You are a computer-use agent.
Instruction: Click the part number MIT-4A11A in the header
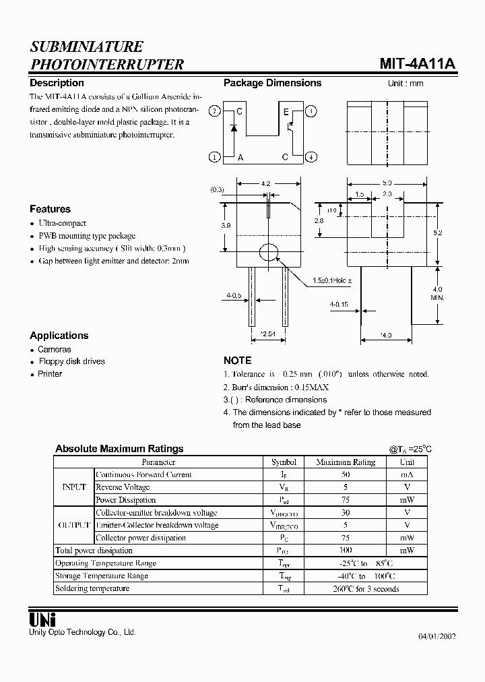point(417,63)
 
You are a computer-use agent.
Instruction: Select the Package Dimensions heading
point(272,83)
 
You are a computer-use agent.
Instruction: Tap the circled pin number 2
point(214,111)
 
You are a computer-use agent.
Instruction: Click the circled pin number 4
point(311,157)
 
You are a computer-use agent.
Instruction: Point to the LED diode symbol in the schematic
point(233,127)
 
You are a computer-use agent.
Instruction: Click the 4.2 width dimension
point(265,183)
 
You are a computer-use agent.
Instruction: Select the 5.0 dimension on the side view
point(387,183)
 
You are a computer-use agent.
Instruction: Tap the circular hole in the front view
point(269,252)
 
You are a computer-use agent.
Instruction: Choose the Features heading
point(50,209)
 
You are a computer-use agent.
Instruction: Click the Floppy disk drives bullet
point(71,361)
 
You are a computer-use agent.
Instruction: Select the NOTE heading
point(237,361)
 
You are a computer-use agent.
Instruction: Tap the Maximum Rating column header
point(345,462)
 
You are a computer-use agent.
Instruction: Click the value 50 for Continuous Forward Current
point(345,474)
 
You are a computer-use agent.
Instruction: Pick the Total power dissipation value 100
point(345,551)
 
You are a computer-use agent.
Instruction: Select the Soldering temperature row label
point(92,588)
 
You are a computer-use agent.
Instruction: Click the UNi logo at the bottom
point(42,619)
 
